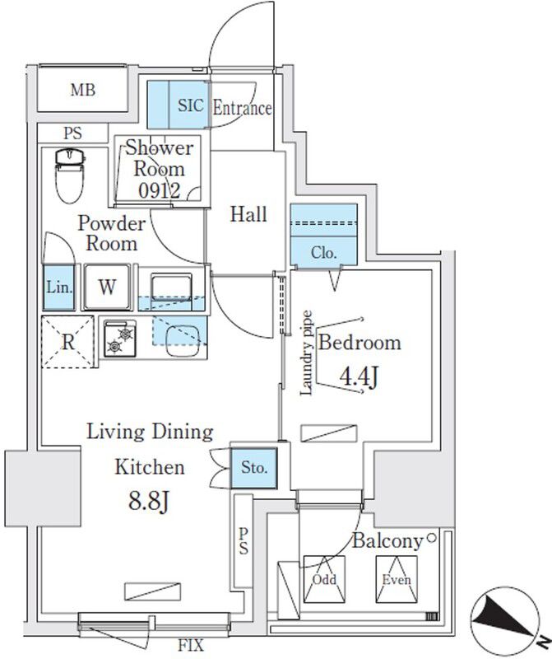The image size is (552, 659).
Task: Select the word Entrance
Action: [x=242, y=108]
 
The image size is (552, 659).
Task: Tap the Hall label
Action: [x=248, y=215]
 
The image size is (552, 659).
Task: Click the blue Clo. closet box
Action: [x=324, y=253]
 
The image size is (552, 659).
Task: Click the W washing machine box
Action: [x=107, y=288]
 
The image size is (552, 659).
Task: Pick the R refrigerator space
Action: [x=69, y=341]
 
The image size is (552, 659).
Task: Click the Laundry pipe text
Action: [x=306, y=353]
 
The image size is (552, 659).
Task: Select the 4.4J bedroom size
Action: [x=359, y=378]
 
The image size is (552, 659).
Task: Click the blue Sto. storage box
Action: [x=255, y=468]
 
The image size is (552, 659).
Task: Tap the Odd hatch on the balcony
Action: [x=323, y=579]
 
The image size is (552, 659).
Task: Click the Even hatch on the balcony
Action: [x=396, y=579]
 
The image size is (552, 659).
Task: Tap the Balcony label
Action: [x=387, y=542]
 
